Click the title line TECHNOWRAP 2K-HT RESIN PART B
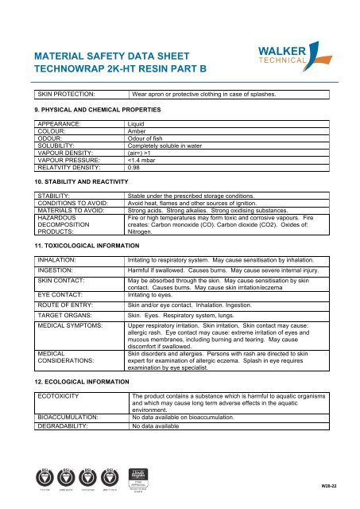point(120,71)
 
